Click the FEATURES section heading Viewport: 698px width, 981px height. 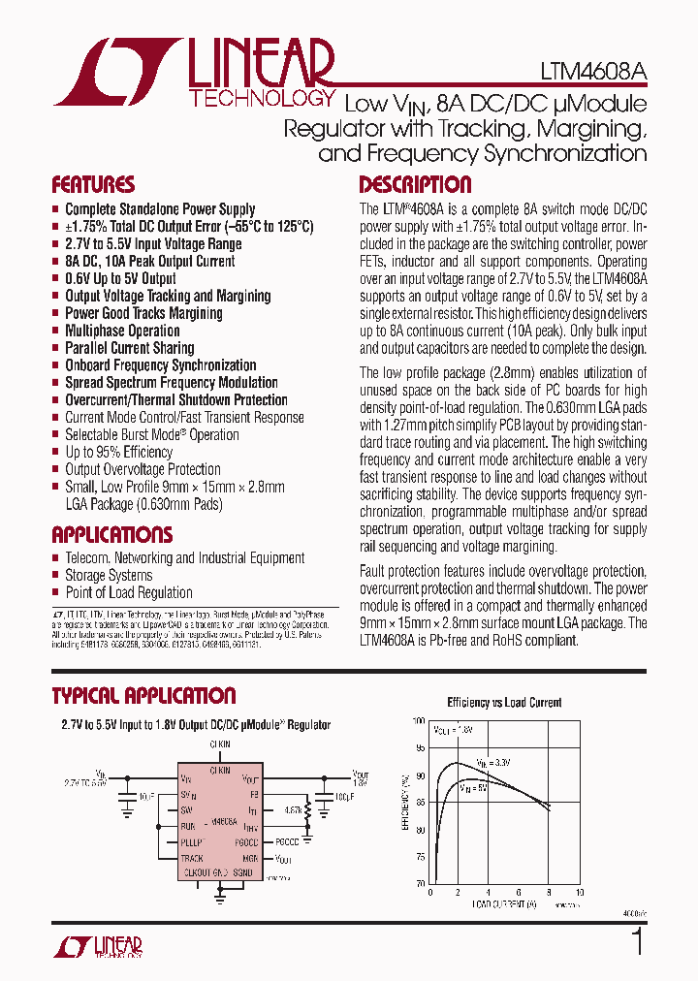coord(93,185)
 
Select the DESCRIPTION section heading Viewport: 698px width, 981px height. coord(415,185)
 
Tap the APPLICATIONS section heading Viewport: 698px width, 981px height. coord(111,535)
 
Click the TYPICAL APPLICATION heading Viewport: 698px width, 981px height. coord(143,696)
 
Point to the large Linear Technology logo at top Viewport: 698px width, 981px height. coord(194,73)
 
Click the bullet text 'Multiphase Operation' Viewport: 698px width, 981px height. coord(122,331)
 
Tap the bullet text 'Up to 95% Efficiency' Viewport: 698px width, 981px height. coord(118,452)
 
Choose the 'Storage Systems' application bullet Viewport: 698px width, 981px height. coord(109,575)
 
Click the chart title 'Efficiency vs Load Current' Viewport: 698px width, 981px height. coord(504,703)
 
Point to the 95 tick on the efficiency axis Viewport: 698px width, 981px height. coord(419,748)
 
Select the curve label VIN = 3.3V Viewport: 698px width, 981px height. coord(495,764)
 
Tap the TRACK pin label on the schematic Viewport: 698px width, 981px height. coord(192,858)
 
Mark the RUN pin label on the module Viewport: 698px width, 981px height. coord(188,826)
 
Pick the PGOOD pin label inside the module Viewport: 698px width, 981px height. coord(247,842)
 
